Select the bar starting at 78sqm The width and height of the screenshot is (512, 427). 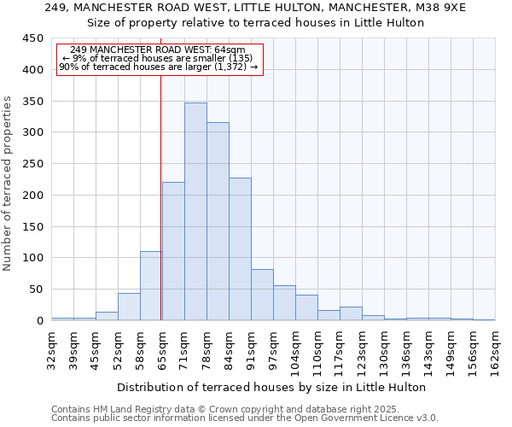click(x=218, y=221)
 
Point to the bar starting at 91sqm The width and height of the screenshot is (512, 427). click(x=262, y=295)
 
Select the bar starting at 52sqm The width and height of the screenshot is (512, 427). click(x=129, y=307)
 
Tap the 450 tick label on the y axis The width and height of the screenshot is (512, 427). click(x=33, y=38)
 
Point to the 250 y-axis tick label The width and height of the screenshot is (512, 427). click(x=33, y=164)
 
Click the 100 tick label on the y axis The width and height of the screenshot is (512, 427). click(x=33, y=258)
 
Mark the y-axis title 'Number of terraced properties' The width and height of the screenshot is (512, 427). click(x=8, y=184)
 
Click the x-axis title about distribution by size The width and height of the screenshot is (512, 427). click(x=271, y=387)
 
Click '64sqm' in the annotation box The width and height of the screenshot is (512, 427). click(x=230, y=50)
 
